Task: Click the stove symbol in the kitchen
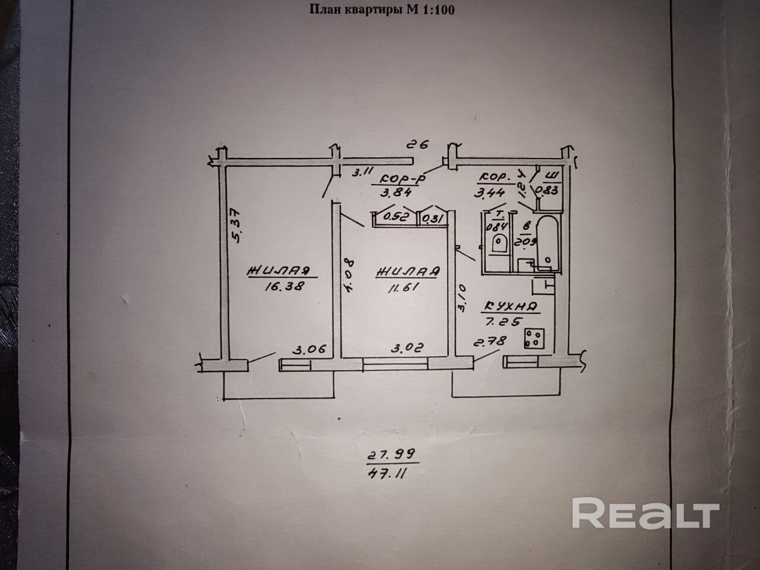(535, 338)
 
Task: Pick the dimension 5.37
(236, 225)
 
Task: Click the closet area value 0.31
(434, 218)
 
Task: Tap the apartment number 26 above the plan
(419, 145)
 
